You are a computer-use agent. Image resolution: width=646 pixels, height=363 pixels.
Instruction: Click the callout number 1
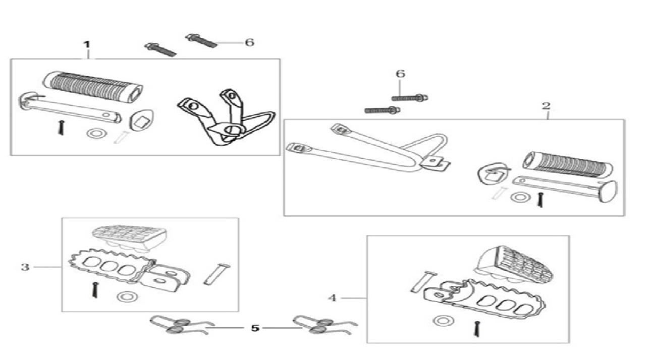coord(87,45)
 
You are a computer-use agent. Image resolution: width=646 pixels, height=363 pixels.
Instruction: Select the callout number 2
coord(546,106)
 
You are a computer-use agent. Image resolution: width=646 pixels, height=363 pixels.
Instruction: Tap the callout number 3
coord(25,267)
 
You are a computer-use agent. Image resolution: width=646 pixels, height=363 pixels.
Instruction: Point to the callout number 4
coord(332,297)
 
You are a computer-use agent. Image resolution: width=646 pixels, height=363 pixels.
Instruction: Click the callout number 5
coord(255,328)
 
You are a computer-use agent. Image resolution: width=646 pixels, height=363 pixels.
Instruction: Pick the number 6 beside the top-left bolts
coord(249,42)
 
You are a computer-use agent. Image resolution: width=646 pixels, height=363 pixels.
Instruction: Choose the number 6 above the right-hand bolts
coord(400,74)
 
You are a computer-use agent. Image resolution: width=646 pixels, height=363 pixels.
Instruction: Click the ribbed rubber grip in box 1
coord(93,86)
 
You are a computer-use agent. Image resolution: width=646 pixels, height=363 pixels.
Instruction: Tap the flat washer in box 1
coord(97,133)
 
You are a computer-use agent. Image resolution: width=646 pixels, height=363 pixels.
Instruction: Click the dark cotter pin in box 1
coord(61,128)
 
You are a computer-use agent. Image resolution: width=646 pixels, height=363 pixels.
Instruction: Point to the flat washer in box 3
coord(127,297)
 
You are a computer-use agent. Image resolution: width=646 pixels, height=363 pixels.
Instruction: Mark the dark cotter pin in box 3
coord(95,290)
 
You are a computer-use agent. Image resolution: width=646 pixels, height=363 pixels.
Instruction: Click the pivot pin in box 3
coord(217,274)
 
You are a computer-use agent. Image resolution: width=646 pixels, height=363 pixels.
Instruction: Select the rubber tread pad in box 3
coord(130,237)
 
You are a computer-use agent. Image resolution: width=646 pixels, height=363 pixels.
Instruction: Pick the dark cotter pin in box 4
coord(477,329)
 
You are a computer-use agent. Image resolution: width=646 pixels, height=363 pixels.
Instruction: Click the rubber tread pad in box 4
coord(515,265)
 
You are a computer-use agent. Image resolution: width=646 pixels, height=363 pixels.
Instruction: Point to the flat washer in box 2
coord(520,197)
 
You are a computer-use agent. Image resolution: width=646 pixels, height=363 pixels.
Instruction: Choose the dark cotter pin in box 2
coord(541,199)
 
